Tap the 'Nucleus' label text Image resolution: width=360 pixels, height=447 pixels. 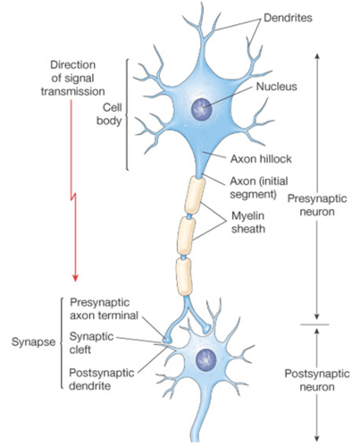277,87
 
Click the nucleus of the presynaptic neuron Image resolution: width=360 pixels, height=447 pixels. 201,109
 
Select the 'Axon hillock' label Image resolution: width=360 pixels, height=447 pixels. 261,159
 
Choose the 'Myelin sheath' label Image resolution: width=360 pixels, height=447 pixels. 248,222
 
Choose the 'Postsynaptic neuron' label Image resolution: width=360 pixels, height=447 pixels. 317,380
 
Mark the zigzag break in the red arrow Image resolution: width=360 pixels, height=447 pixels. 73,197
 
